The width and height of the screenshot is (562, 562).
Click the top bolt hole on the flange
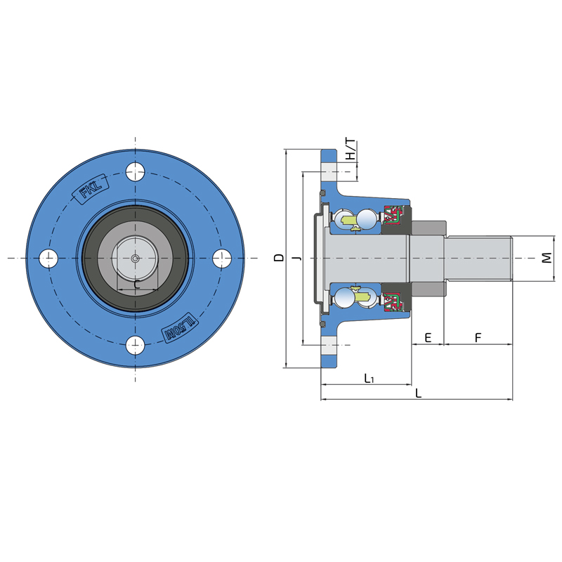(135, 171)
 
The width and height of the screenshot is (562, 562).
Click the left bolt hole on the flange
(48, 258)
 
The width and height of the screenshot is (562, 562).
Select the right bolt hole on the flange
(222, 258)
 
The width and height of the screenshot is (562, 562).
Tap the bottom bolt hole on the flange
(135, 345)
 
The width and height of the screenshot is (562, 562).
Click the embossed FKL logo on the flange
(91, 189)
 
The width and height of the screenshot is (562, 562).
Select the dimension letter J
(296, 258)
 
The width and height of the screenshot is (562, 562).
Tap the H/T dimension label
(350, 149)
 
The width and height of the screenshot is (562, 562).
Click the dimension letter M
(547, 258)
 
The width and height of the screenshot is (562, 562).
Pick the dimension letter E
(428, 337)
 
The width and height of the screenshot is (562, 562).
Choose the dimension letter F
(478, 337)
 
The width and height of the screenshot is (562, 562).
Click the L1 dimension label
(370, 378)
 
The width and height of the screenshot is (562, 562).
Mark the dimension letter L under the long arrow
(418, 393)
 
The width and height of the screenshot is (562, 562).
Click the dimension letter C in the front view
(137, 285)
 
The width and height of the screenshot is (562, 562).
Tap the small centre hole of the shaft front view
(135, 258)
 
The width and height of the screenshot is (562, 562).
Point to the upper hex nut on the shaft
(429, 227)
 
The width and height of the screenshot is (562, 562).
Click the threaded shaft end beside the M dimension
(478, 258)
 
